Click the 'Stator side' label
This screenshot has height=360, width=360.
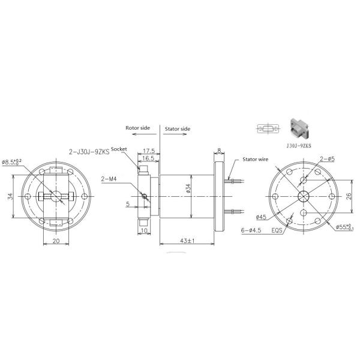coord(178,128)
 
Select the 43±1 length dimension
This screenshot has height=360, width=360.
coord(188,241)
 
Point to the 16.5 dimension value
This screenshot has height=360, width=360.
coord(148,158)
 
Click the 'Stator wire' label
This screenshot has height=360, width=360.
coord(255,160)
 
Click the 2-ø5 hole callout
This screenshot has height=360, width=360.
coord(328,158)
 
